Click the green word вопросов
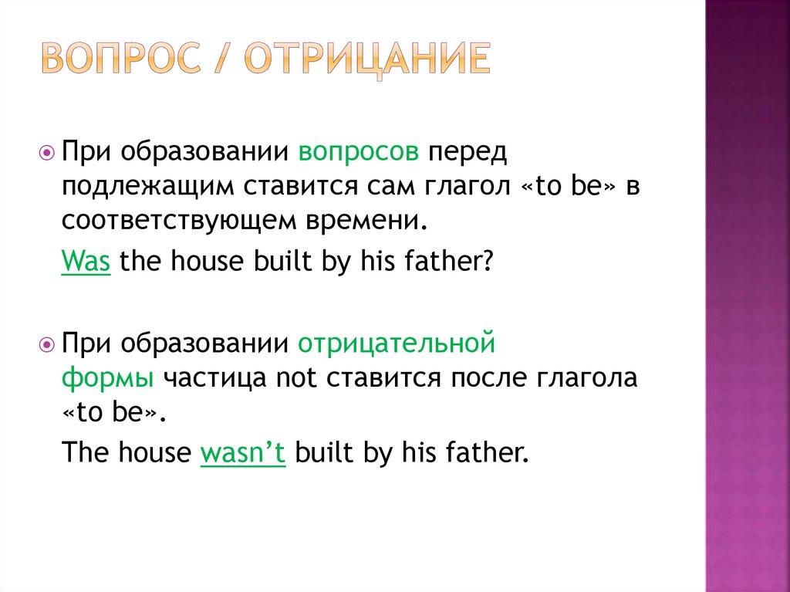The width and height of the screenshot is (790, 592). [x=360, y=151]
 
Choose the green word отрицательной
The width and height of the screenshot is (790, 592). [x=396, y=342]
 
